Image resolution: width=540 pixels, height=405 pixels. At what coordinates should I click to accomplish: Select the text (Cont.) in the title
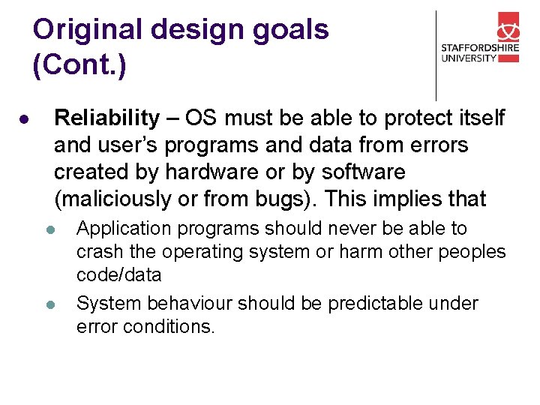(79, 65)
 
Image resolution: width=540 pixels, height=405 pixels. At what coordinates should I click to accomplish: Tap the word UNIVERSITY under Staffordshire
(469, 58)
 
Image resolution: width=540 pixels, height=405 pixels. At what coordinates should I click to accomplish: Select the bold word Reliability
(107, 118)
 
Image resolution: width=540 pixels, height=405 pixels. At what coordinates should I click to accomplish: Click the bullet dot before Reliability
(25, 120)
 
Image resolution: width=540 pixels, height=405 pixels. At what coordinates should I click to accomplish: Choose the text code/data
(118, 275)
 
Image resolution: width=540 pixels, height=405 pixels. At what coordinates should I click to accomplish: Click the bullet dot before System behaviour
(49, 305)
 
